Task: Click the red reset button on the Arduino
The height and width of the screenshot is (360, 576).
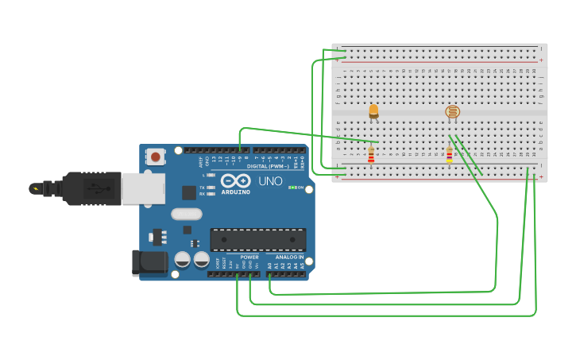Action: tap(156, 157)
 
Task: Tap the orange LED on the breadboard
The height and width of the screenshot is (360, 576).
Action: tap(373, 111)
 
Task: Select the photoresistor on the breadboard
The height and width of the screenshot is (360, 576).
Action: tap(452, 112)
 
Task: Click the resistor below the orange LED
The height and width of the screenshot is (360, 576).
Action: tap(371, 154)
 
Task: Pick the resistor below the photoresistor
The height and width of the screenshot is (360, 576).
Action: tap(449, 154)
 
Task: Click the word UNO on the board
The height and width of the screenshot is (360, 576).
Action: tap(270, 181)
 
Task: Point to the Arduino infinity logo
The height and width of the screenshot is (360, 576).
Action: tap(236, 181)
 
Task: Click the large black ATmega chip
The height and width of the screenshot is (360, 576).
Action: tap(257, 240)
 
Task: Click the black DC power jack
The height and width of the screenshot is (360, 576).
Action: tap(149, 262)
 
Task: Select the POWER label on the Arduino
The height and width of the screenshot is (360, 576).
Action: tap(249, 257)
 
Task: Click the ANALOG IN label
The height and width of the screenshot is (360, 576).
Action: tap(289, 257)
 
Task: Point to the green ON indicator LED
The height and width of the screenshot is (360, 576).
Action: tap(292, 188)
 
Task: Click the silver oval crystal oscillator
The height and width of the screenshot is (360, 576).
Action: tap(186, 213)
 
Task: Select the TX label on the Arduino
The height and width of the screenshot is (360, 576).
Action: tap(203, 187)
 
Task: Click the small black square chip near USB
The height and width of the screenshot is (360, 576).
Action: tap(189, 192)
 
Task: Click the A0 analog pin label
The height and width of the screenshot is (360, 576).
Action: tap(270, 265)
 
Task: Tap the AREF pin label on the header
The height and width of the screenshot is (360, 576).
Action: tap(200, 161)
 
